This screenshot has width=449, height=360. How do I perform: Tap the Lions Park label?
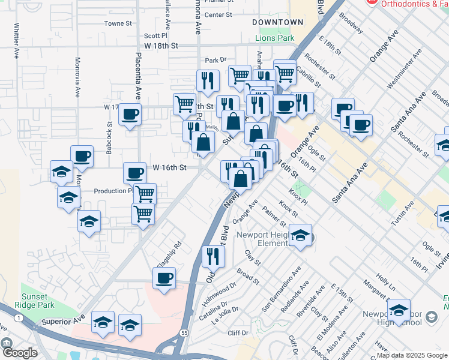(275, 38)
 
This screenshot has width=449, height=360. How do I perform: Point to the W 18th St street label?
(161, 46)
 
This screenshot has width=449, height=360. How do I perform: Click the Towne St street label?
(118, 23)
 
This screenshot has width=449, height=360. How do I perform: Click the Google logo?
(19, 353)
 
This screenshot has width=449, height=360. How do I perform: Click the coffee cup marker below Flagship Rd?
(164, 278)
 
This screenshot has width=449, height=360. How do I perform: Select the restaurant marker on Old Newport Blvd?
(213, 256)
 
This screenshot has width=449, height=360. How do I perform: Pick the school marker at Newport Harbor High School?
(399, 310)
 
